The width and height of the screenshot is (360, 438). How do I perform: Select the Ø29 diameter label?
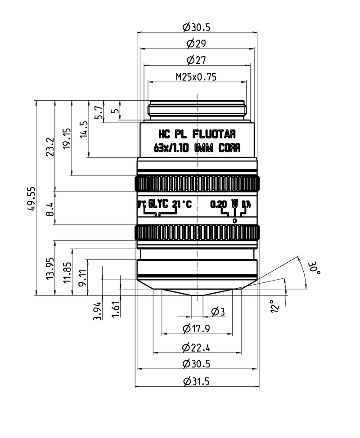click(x=196, y=44)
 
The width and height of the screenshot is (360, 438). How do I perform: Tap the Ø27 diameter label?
click(x=196, y=60)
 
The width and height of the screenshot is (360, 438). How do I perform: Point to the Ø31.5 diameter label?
click(x=197, y=381)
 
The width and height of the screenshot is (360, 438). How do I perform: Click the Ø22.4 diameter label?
click(x=197, y=347)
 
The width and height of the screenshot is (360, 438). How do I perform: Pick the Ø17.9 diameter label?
click(x=197, y=329)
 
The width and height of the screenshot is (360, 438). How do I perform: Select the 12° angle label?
click(x=276, y=306)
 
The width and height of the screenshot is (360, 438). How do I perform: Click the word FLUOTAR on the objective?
click(x=214, y=134)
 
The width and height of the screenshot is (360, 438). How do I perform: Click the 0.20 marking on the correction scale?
click(x=219, y=204)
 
